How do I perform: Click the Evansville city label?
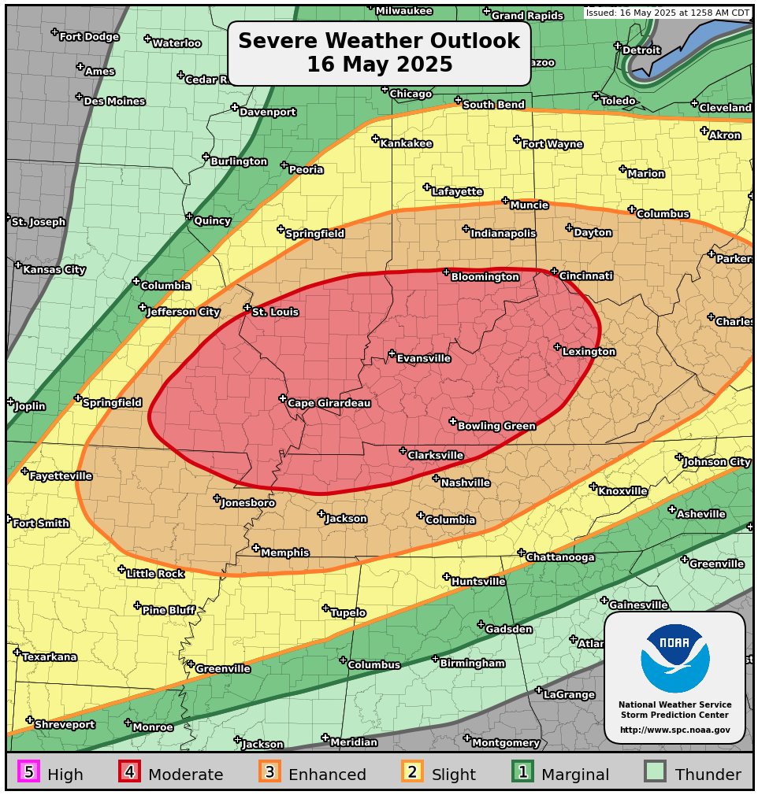click(423, 359)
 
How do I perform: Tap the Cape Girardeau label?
click(329, 404)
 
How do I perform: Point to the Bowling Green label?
click(496, 427)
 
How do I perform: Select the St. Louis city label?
click(275, 312)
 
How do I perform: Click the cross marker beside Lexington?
click(557, 347)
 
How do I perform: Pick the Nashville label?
click(465, 483)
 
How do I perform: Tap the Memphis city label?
click(284, 553)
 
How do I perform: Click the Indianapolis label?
click(503, 234)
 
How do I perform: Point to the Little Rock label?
click(154, 575)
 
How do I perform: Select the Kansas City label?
click(54, 270)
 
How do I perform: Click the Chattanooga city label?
click(560, 558)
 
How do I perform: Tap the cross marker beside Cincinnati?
click(554, 272)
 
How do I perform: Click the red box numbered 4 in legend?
click(130, 772)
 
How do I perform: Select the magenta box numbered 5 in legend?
click(29, 772)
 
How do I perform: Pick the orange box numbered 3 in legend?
click(269, 772)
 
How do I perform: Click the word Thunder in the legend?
click(708, 775)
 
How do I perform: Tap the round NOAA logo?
click(674, 658)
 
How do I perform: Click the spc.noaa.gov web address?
click(674, 730)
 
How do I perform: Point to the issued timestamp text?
click(667, 13)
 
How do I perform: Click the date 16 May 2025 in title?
click(379, 65)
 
